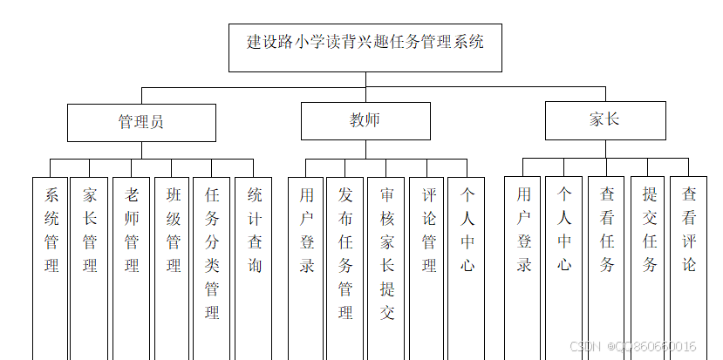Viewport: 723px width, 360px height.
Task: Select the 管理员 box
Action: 141,123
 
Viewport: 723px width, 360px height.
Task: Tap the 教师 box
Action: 365,121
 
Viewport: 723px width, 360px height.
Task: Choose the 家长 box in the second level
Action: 604,120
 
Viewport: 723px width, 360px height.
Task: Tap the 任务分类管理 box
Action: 212,253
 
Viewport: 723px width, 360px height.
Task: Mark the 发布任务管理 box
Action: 345,253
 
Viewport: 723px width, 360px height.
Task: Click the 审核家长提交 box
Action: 386,253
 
